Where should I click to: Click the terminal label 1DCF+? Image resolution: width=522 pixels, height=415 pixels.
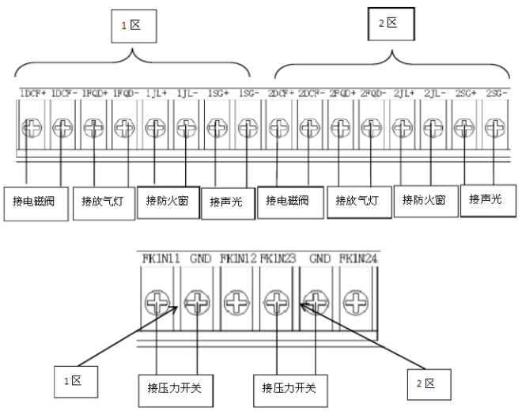point(32,93)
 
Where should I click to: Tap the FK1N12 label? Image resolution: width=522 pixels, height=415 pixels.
point(237,257)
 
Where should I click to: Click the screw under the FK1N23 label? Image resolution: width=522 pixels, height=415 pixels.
point(276,301)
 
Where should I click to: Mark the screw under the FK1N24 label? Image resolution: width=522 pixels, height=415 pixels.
point(355,301)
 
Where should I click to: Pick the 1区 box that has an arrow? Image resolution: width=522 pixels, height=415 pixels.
point(73,382)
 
